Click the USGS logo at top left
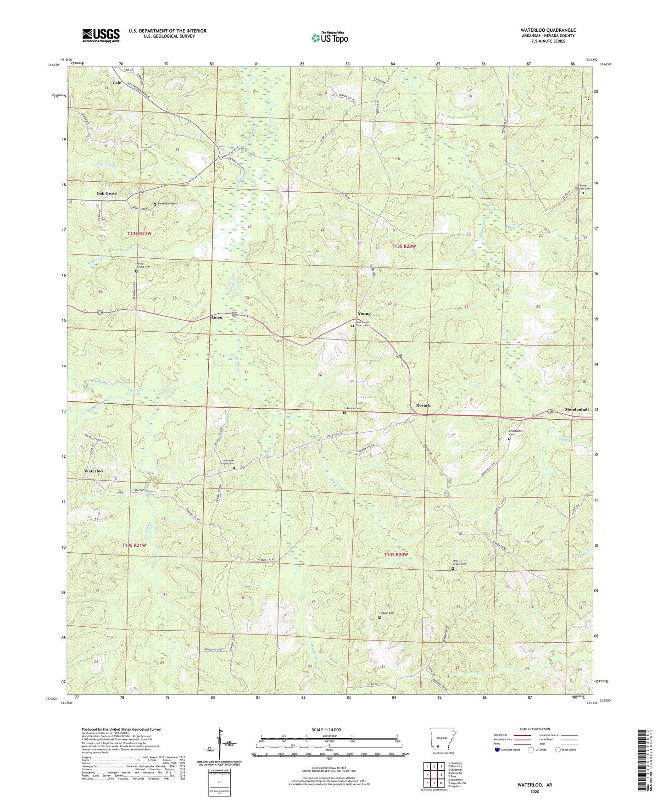click(101, 35)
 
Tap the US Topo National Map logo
click(329, 37)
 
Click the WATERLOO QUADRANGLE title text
click(548, 30)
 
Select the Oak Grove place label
click(106, 194)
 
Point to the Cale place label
click(117, 83)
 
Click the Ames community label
click(216, 317)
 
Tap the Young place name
click(364, 314)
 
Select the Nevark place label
click(423, 406)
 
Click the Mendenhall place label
click(577, 409)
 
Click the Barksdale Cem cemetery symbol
click(155, 204)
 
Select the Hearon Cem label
click(386, 613)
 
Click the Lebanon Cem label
click(352, 408)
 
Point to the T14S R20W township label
click(396, 555)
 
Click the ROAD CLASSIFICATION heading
click(535, 729)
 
